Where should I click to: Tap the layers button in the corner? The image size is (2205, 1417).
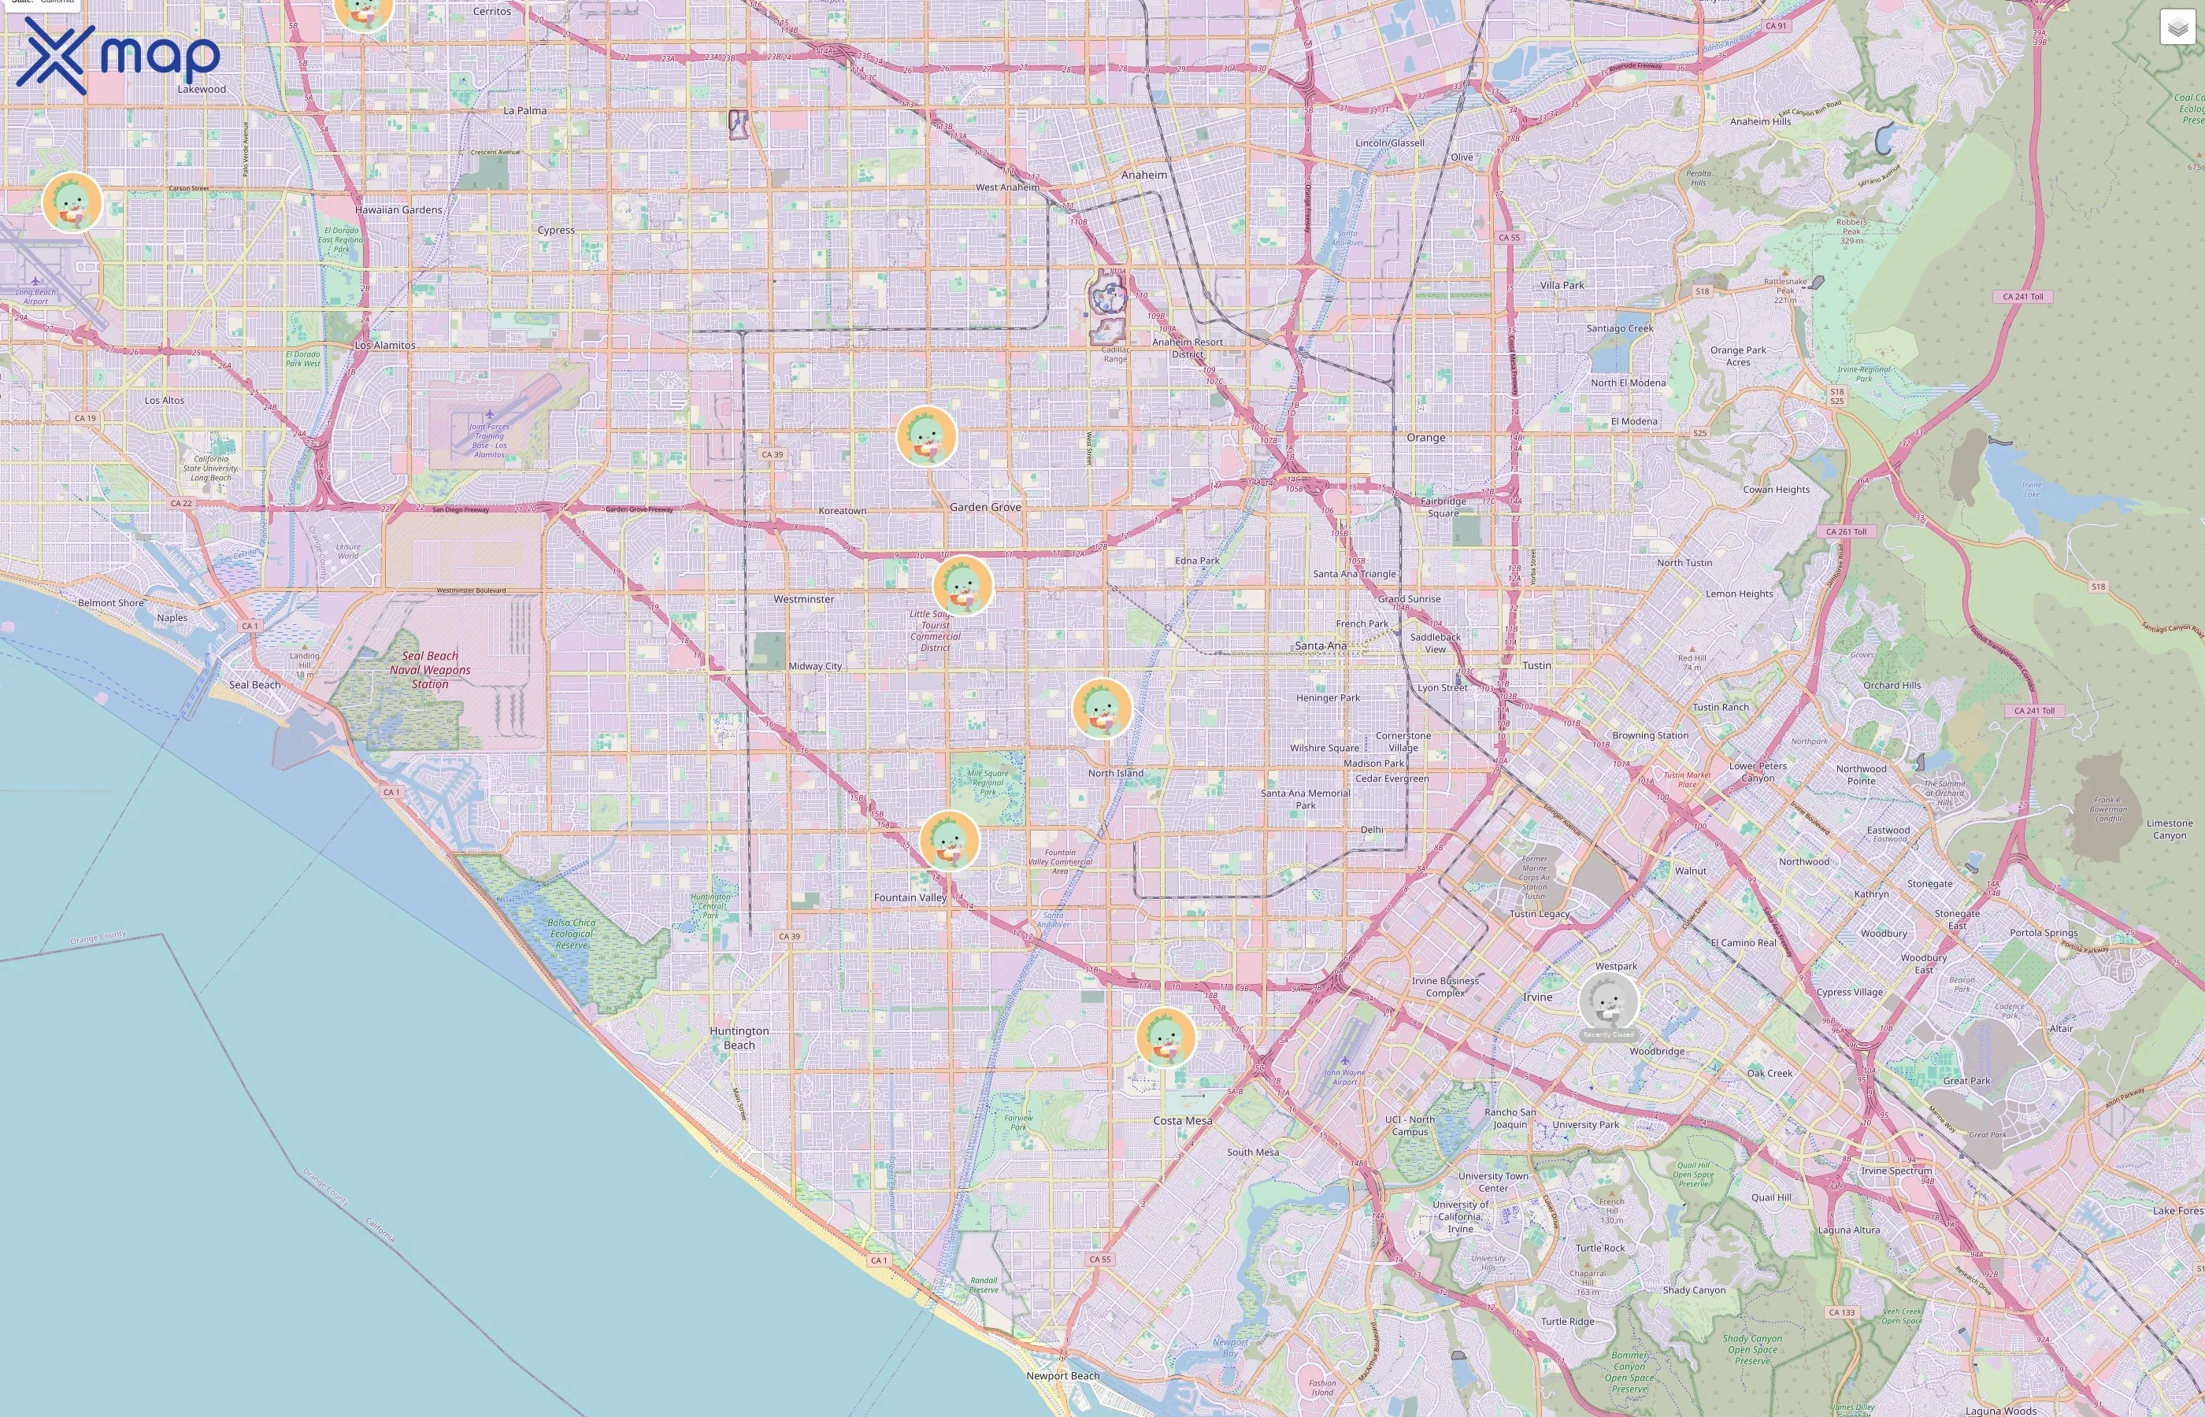2177,28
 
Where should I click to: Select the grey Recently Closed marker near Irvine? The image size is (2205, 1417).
1609,1001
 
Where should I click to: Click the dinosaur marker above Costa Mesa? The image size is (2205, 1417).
1166,1037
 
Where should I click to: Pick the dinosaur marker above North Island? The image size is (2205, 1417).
1102,708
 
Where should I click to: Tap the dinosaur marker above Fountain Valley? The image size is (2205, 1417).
950,839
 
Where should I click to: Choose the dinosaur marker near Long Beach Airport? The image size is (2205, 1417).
72,202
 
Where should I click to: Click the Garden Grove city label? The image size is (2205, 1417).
984,507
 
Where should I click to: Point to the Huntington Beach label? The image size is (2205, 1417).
739,1038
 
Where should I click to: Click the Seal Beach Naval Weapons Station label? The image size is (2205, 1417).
430,670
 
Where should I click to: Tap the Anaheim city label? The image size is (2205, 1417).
1144,175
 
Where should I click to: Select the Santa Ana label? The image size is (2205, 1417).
1321,646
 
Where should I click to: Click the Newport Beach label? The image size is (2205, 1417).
1063,1375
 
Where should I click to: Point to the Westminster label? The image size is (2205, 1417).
803,599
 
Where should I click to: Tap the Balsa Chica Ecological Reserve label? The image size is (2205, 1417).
572,933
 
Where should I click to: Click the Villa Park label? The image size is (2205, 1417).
1562,285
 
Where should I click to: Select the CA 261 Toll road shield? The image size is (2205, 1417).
1846,532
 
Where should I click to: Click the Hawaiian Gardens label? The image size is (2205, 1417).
398,209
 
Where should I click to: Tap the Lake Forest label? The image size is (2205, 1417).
2177,1211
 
